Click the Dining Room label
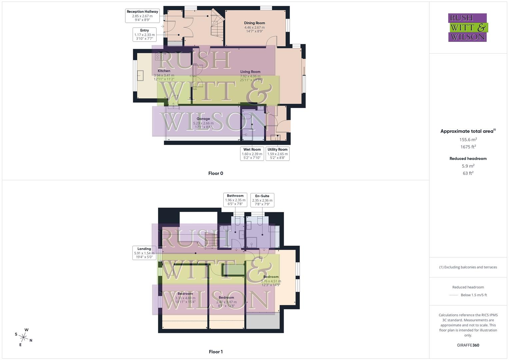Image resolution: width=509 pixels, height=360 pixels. [x=254, y=23]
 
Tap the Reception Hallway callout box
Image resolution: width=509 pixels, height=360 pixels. [x=142, y=16]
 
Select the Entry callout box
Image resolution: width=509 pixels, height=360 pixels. [x=144, y=34]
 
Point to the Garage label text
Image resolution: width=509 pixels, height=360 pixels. [x=203, y=119]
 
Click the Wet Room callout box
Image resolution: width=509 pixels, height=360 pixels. [x=252, y=154]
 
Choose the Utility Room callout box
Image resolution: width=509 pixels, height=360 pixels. [x=277, y=154]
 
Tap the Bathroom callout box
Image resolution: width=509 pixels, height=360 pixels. [x=235, y=200]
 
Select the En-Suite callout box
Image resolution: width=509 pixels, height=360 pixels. [x=262, y=200]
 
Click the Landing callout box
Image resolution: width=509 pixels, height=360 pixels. [x=144, y=253]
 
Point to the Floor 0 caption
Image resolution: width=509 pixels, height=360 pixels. [x=216, y=173]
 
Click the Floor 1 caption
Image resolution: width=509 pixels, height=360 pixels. [x=216, y=352]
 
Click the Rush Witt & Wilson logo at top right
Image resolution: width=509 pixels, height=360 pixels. [x=468, y=27]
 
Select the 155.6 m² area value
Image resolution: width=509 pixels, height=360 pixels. [x=468, y=140]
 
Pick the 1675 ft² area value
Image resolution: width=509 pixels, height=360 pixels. [x=468, y=147]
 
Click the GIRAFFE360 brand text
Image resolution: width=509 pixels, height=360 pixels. [x=468, y=345]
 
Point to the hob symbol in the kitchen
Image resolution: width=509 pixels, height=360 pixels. [x=159, y=56]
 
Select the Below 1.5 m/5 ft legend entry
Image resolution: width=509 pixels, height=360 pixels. [x=473, y=295]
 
